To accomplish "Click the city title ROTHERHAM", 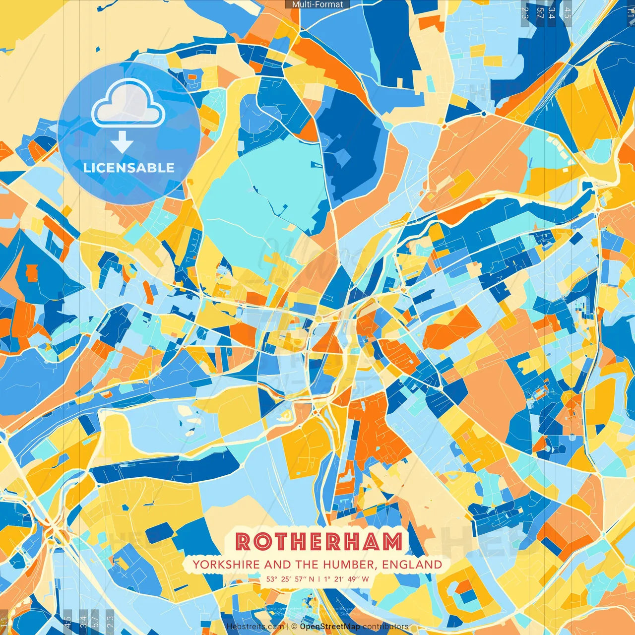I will (x=318, y=542).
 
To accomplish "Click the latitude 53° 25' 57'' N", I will (x=290, y=579).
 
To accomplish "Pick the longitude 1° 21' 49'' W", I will (x=346, y=579).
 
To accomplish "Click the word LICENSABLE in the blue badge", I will (x=129, y=168).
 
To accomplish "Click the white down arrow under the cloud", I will (x=122, y=143).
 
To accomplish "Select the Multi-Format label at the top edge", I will (x=317, y=4).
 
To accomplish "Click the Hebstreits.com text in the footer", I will (x=255, y=627).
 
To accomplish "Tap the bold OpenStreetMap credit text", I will (x=330, y=627).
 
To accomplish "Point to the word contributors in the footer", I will (x=385, y=627).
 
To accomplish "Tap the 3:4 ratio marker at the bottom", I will (x=83, y=621).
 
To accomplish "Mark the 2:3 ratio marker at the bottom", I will (x=110, y=621).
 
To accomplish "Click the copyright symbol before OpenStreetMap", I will (x=294, y=627).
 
